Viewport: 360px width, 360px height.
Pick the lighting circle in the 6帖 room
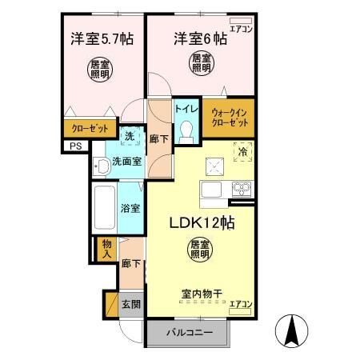click(x=201, y=63)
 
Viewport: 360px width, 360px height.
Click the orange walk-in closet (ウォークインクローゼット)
click(x=228, y=118)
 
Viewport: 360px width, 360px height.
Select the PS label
click(x=75, y=146)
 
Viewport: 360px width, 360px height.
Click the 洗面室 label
click(x=126, y=160)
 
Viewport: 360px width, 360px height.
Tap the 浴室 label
click(x=130, y=208)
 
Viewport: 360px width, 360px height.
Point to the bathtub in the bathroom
click(x=104, y=208)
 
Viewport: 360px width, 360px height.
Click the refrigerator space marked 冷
click(x=242, y=150)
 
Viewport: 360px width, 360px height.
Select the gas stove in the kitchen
click(x=242, y=189)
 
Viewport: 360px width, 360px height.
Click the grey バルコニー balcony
click(x=189, y=331)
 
